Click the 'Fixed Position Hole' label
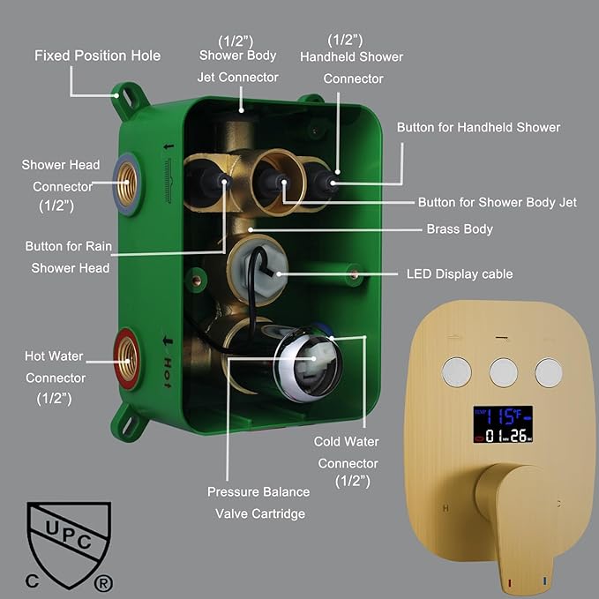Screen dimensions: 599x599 tap(97, 56)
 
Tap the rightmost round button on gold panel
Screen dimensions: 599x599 tap(549, 371)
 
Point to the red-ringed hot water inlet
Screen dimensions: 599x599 tap(124, 356)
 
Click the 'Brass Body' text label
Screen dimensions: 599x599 tap(460, 229)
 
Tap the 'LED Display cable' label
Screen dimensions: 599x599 tap(459, 274)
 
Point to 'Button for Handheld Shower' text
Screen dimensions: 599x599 tap(478, 127)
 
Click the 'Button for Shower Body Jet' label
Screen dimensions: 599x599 tap(497, 203)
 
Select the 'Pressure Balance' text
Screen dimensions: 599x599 tap(258, 491)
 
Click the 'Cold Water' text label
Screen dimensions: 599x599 tap(347, 441)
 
